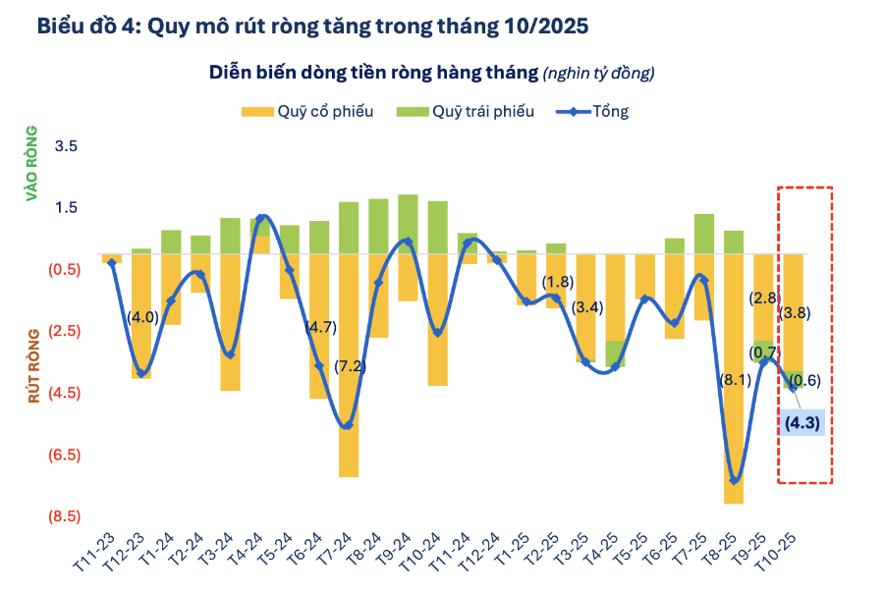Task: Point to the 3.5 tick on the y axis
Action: point(66,146)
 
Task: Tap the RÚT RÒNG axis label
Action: point(31,366)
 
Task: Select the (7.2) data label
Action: point(349,366)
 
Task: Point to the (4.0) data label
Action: point(141,316)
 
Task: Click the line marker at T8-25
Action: point(734,480)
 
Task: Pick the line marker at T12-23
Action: point(141,373)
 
